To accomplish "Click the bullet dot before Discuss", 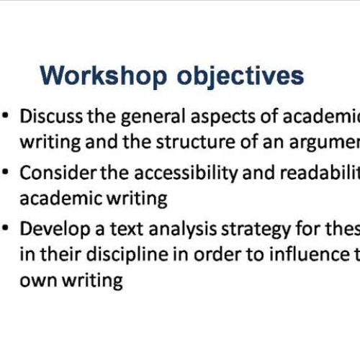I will point(6,116).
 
